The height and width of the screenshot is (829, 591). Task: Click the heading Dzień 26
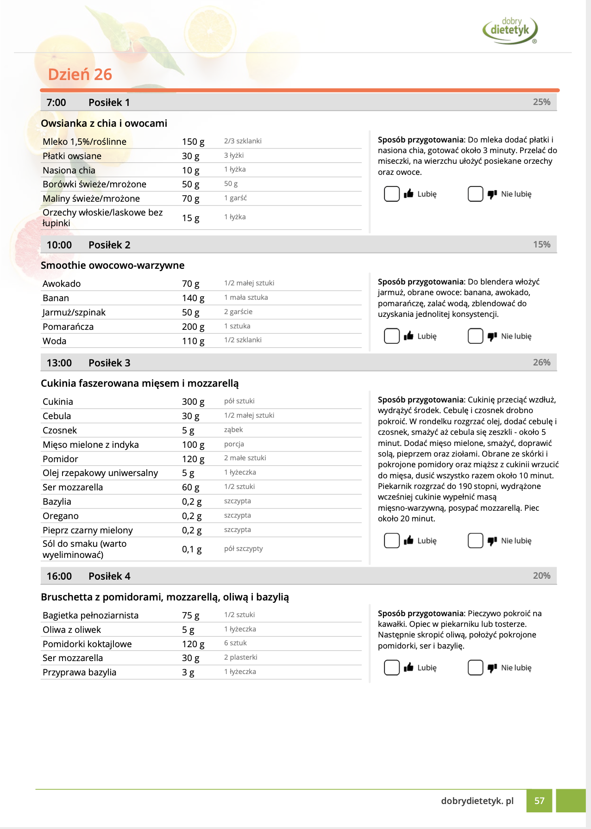click(80, 74)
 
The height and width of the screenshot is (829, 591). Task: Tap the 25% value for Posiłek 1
click(541, 102)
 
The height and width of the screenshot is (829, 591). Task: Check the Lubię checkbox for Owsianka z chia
click(392, 194)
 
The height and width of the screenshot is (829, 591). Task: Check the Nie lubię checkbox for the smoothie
click(475, 336)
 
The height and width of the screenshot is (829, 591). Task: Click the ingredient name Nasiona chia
click(69, 170)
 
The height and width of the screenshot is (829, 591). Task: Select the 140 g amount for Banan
click(193, 298)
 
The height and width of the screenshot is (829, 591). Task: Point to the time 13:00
click(59, 363)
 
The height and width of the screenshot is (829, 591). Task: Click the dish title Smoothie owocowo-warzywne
click(113, 266)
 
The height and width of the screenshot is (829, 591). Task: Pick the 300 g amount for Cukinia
click(193, 402)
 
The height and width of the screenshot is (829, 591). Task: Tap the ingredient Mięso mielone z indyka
click(91, 445)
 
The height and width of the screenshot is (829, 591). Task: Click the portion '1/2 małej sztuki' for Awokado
click(249, 283)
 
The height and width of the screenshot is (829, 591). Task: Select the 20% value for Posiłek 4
click(541, 576)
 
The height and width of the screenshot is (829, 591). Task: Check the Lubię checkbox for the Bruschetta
click(392, 668)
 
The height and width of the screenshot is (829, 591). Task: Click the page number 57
click(539, 801)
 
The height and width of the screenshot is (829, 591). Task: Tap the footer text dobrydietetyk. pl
click(477, 801)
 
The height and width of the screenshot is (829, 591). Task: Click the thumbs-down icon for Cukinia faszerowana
click(492, 541)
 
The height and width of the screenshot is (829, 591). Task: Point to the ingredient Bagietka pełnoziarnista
click(91, 615)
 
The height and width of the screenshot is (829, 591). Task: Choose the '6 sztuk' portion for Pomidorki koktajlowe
click(235, 643)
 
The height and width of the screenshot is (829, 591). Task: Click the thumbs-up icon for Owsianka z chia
click(409, 194)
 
